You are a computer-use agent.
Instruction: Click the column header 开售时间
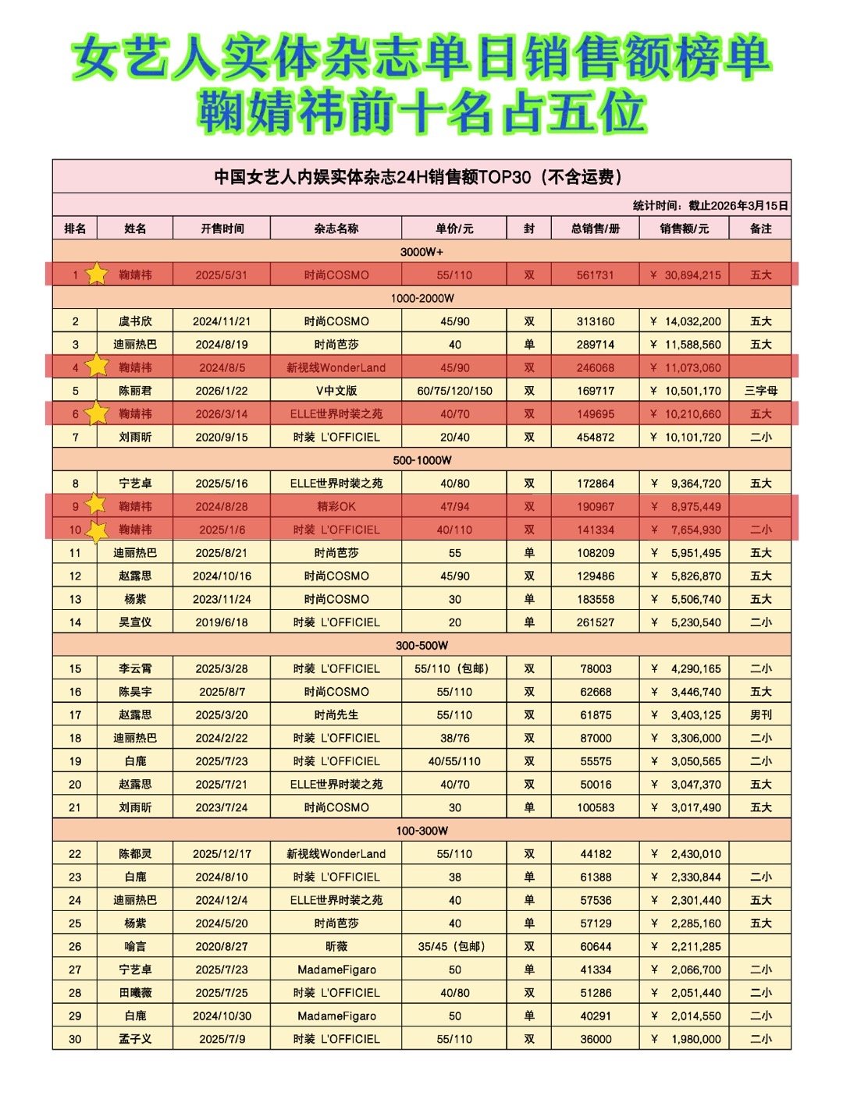[222, 229]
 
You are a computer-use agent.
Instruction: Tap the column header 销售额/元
[684, 229]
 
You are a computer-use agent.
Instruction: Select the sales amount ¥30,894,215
[685, 275]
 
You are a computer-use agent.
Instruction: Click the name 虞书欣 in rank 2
[135, 321]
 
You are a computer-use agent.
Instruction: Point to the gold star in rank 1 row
[96, 274]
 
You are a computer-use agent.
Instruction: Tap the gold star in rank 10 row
[97, 530]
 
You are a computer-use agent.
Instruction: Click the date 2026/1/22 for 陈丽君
[222, 391]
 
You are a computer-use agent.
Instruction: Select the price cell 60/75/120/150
[454, 391]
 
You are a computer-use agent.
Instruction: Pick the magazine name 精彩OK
[336, 507]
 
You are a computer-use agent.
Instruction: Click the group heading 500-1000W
[421, 460]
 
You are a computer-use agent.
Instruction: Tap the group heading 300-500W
[421, 646]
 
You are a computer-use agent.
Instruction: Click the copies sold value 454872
[595, 438]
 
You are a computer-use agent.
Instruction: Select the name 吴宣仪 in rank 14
[135, 622]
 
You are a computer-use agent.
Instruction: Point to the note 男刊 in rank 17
[760, 715]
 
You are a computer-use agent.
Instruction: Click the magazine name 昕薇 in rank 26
[336, 947]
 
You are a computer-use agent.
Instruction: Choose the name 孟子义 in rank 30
[135, 1039]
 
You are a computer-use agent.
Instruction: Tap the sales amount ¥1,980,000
[685, 1039]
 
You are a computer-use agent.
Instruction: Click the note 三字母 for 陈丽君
[760, 391]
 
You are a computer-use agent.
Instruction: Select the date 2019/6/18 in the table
[222, 622]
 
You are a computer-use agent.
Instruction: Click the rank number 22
[75, 854]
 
